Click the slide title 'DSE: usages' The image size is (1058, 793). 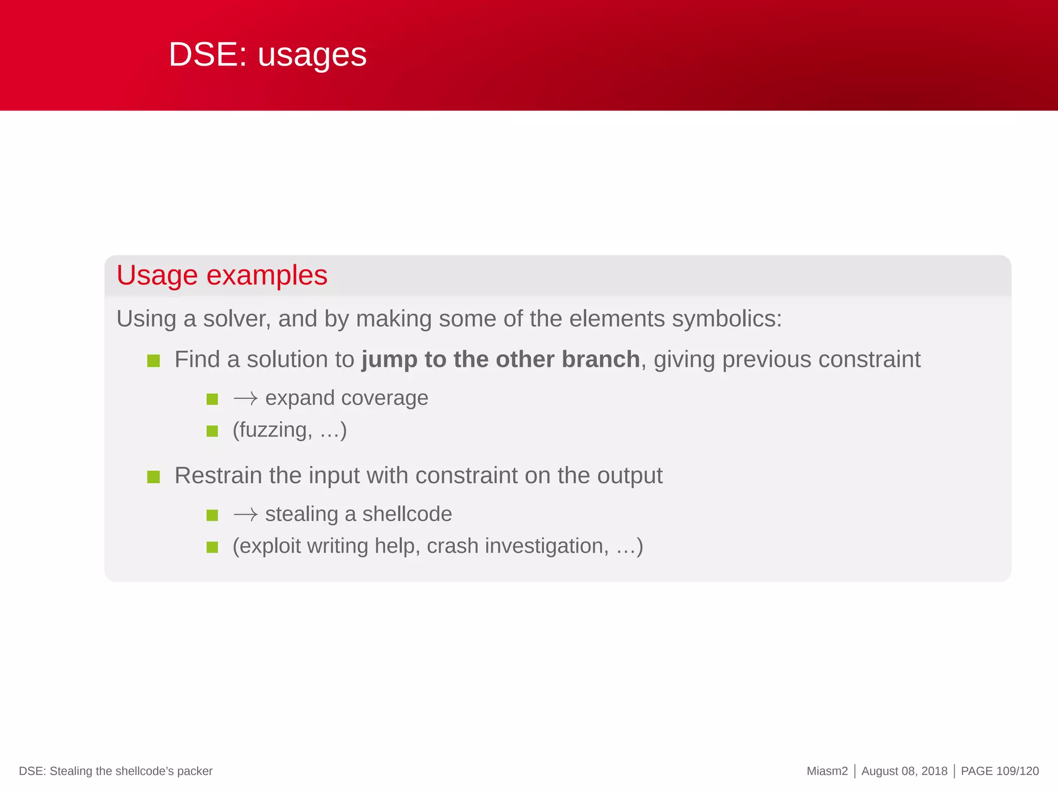coord(268,55)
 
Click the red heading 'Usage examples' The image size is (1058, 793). coord(222,275)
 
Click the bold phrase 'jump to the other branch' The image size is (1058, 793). coord(501,359)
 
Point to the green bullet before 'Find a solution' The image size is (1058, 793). coord(153,360)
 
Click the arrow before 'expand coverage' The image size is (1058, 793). coord(245,399)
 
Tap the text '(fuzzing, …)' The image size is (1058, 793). coord(289,430)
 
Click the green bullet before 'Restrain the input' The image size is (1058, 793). coord(153,477)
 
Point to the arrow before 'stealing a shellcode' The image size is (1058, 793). coord(245,515)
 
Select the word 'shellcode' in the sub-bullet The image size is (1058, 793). coord(407,514)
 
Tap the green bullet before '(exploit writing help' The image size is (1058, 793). coord(212,547)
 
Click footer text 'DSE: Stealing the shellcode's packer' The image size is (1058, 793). coord(116,771)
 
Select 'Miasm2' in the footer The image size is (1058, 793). coord(827,771)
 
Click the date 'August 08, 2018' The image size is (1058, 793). coord(904,771)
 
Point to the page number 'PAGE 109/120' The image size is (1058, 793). coord(1000,771)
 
